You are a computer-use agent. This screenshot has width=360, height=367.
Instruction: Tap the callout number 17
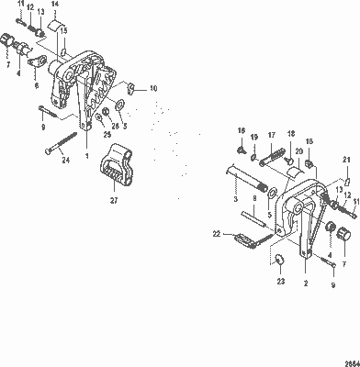pos(272,135)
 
